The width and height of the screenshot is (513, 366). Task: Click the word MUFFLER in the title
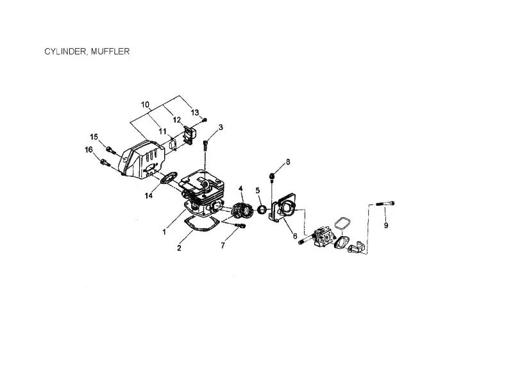coord(110,52)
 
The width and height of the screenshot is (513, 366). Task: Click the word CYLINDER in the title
coord(66,52)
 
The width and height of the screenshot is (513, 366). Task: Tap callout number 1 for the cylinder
coord(164,232)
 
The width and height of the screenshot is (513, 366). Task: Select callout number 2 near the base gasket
coord(179,248)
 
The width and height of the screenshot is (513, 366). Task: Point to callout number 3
coord(221,127)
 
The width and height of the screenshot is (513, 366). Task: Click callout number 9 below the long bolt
coord(386,226)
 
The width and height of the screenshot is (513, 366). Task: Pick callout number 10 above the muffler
coord(146,104)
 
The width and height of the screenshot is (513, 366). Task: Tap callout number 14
coord(149,195)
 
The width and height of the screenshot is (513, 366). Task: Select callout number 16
coord(88,150)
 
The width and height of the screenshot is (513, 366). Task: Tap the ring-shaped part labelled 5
coord(262,210)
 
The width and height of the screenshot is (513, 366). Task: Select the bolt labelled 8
coord(272,177)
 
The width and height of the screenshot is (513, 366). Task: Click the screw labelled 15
coord(111,151)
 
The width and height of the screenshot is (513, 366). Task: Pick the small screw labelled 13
coord(205,120)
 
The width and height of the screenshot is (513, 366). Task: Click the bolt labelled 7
coord(240,226)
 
